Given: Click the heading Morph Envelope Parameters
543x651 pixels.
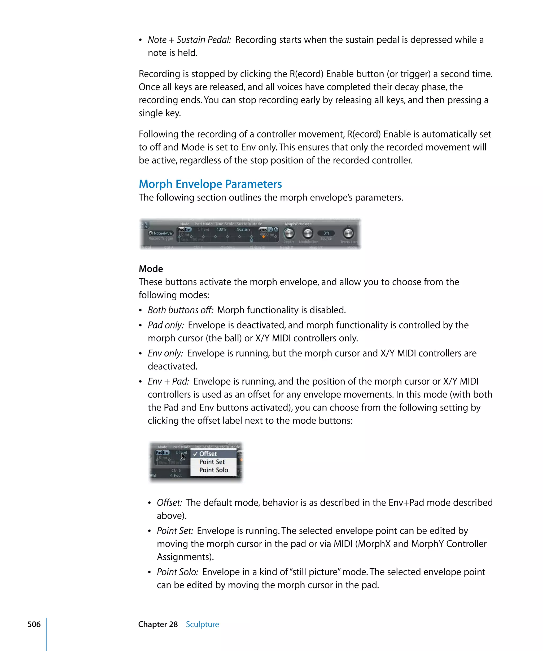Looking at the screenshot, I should (210, 184).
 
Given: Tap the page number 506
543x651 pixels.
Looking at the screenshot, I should (34, 624).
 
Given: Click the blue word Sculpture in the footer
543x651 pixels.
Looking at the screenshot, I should (202, 624).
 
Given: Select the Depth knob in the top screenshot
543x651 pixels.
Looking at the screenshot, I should (289, 233).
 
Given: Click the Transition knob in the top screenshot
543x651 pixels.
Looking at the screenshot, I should (348, 233).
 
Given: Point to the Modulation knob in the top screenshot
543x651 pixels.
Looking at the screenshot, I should (308, 233).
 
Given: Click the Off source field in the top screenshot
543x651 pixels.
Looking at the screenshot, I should (326, 233).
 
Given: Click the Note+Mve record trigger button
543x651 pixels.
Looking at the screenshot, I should (161, 233).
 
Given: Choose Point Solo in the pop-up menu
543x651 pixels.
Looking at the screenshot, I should (213, 470).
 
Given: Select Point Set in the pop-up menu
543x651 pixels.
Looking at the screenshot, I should (212, 462).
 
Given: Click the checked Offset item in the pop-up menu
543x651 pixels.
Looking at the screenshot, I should (208, 454).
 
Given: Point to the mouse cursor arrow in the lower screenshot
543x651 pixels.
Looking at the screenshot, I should (183, 456).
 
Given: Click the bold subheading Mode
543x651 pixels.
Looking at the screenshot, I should (151, 269).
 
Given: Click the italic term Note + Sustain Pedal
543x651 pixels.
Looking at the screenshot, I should (189, 40).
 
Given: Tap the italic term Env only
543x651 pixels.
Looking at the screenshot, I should (165, 353).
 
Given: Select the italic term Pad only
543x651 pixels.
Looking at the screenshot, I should (166, 325).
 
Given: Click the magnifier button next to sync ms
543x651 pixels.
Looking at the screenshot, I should (276, 229).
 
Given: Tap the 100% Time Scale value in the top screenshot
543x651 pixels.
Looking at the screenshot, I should (221, 229).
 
